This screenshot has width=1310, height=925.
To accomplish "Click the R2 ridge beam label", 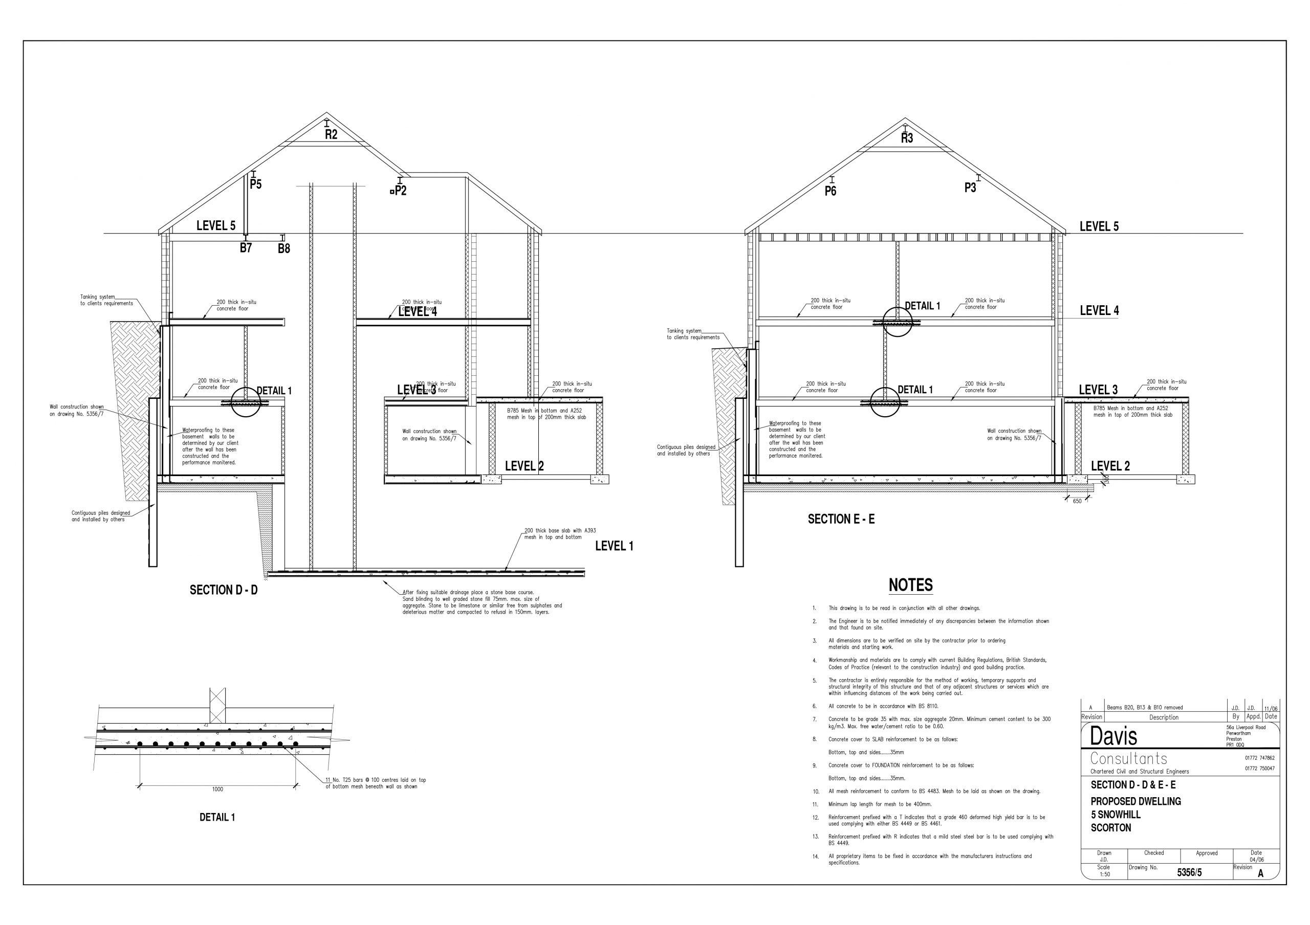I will [331, 134].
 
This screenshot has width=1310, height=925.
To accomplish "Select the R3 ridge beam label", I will [907, 138].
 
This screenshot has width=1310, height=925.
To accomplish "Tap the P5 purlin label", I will [256, 184].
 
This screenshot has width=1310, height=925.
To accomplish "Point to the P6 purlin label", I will [830, 191].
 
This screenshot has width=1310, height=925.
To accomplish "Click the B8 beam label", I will [283, 249].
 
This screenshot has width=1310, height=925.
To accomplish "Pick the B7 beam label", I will [245, 248].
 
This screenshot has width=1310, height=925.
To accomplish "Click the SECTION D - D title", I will [224, 590].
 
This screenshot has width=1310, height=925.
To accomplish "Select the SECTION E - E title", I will [841, 519].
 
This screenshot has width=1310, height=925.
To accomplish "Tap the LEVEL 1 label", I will [614, 546].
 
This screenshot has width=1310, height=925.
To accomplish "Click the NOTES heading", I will [911, 585].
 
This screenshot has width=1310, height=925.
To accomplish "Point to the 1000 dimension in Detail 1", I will [217, 789].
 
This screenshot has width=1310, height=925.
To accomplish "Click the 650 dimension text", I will [1077, 501].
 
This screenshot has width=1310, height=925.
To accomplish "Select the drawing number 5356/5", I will [1189, 872].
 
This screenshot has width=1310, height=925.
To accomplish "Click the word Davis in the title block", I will [1113, 736].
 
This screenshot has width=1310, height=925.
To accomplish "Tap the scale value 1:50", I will [1105, 874].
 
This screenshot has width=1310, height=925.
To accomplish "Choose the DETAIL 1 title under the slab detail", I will [217, 817].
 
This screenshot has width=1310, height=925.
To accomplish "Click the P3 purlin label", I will [970, 188].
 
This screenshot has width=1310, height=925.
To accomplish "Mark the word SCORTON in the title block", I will [1110, 827].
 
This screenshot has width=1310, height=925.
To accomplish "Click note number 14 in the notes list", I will [815, 856].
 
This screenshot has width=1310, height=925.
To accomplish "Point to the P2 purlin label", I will [401, 191].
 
